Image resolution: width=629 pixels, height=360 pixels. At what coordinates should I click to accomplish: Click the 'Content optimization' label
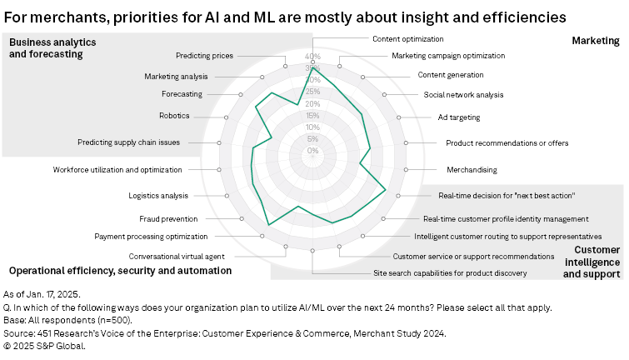pos(407,38)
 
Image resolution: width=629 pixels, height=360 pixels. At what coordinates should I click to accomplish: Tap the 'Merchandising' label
pos(472,169)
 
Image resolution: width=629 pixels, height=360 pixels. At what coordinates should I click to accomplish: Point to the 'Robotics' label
pos(174,115)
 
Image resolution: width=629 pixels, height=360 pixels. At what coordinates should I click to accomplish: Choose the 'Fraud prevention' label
pos(168,219)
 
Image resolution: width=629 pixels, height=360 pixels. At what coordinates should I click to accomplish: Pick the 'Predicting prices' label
pos(204,56)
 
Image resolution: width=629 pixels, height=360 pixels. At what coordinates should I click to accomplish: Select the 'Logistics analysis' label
pos(158,196)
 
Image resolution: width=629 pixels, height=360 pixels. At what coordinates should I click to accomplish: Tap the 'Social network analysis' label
pos(463,94)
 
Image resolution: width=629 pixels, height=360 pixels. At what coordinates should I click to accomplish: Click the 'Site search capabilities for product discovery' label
pos(450,272)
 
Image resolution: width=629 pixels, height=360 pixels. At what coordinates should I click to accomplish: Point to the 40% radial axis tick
pos(312,57)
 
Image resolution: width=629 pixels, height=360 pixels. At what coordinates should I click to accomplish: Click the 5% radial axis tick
pos(312,139)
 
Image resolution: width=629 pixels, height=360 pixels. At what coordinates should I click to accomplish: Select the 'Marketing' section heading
pos(596,41)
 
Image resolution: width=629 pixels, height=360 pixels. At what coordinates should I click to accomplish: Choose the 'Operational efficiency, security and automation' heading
pos(120,271)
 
